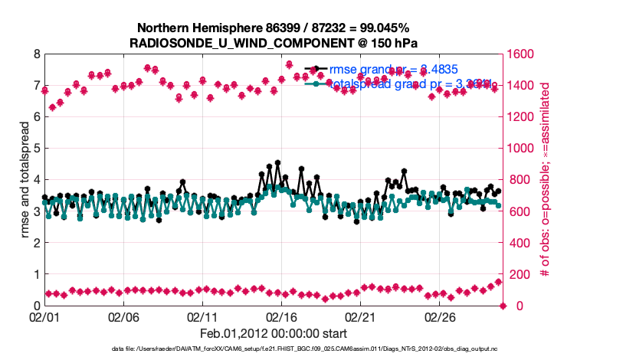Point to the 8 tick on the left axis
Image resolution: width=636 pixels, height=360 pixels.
(x=36, y=54)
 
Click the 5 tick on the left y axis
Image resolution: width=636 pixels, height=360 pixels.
(x=36, y=149)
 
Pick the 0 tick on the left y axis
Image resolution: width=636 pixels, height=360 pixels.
(x=36, y=306)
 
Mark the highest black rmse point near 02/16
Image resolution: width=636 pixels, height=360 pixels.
(x=277, y=163)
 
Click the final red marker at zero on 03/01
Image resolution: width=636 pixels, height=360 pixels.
(x=503, y=306)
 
